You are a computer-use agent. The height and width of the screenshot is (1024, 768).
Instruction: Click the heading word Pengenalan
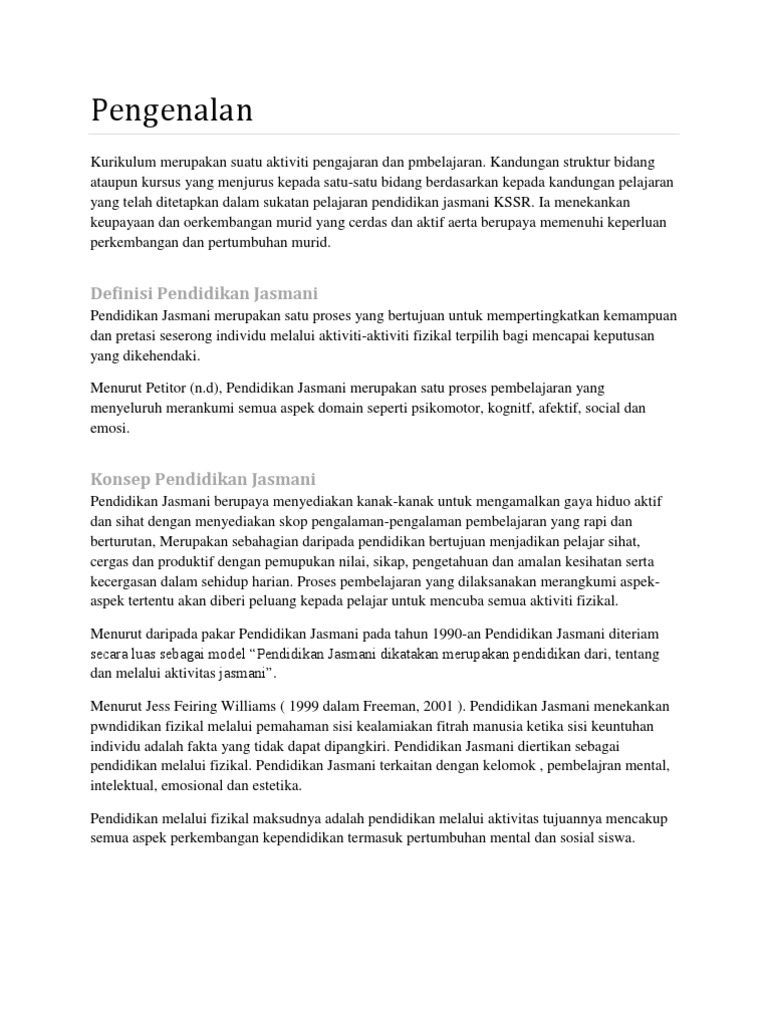[172, 111]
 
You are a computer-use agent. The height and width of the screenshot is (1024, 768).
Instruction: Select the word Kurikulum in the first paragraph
[123, 162]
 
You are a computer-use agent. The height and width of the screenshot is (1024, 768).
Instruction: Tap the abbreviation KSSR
[518, 201]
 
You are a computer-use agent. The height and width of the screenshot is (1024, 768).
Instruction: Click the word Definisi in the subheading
[122, 293]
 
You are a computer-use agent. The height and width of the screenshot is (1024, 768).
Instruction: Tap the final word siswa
[614, 839]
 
